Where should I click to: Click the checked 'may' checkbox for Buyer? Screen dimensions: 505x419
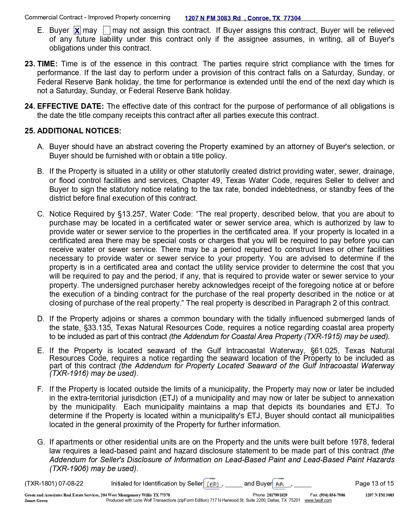point(77,31)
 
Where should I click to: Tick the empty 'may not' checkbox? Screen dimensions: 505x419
point(107,31)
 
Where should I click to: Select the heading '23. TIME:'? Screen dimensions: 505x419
point(41,64)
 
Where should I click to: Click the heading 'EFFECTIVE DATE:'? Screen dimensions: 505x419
point(70,106)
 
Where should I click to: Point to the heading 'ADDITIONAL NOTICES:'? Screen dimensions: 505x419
point(79,131)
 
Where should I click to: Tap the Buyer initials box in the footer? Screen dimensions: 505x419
point(281,484)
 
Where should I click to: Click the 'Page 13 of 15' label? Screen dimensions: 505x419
point(374,484)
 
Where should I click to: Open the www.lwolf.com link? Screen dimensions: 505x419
point(318,500)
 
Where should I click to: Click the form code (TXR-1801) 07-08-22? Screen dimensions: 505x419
point(54,484)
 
